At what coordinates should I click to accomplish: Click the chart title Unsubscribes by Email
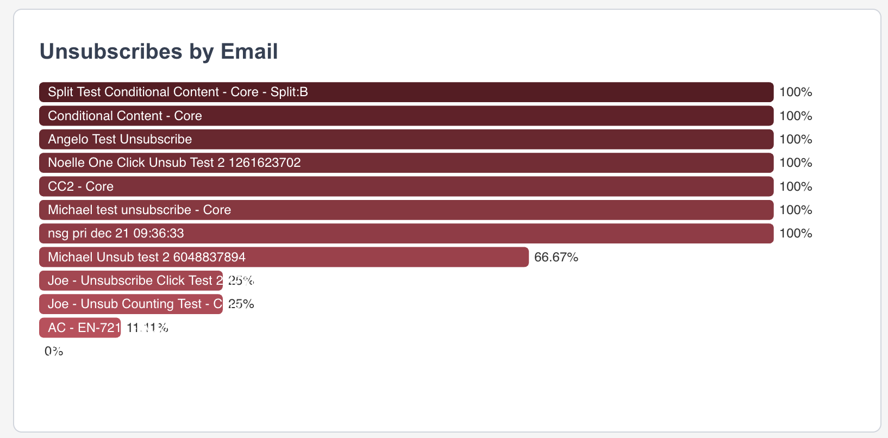tap(159, 52)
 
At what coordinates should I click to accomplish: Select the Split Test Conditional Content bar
tap(406, 92)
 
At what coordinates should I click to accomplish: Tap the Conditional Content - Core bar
tap(406, 116)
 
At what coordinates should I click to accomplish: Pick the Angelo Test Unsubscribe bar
tap(406, 139)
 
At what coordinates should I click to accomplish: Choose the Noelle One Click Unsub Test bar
tap(406, 163)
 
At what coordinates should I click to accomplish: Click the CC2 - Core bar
tap(406, 186)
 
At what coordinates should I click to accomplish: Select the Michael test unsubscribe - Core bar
tap(406, 210)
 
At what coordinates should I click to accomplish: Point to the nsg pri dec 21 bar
tap(406, 233)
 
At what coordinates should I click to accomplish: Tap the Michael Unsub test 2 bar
tap(284, 257)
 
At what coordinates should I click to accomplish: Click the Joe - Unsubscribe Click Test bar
tap(131, 280)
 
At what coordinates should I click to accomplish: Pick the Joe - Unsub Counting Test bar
tap(131, 304)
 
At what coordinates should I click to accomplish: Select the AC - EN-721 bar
tap(80, 328)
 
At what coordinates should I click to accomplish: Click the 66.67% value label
tap(556, 257)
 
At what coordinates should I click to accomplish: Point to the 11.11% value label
tap(147, 328)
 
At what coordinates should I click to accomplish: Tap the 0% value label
tap(54, 351)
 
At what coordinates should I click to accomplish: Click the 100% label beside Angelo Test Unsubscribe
tap(796, 139)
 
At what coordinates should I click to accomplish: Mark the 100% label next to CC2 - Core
tap(796, 186)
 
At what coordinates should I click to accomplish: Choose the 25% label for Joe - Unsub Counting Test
tap(241, 304)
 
